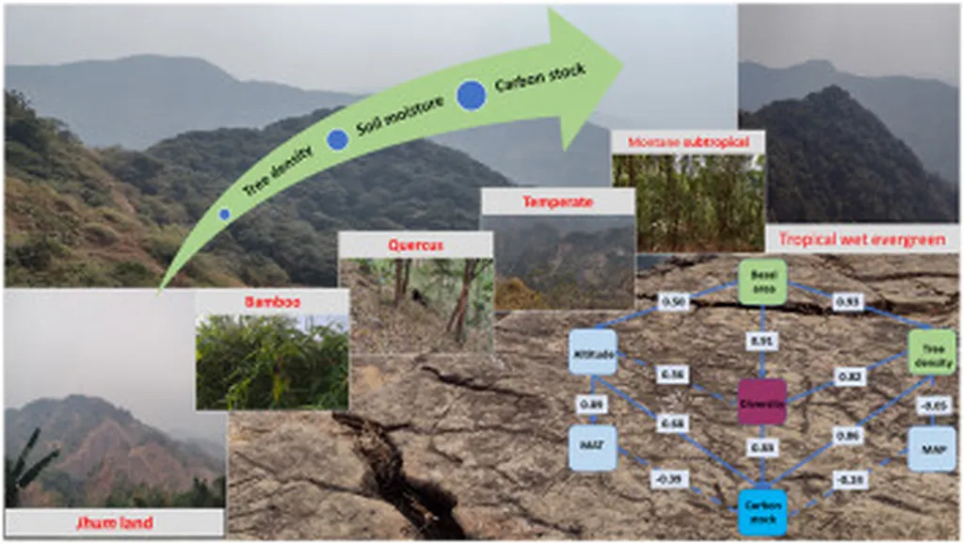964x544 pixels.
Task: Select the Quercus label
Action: pyautogui.click(x=415, y=246)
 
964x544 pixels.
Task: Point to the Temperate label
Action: pyautogui.click(x=557, y=201)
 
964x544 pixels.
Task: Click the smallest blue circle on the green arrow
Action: pyautogui.click(x=224, y=215)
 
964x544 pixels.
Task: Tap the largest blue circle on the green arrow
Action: pyautogui.click(x=472, y=95)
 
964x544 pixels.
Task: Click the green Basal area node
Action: pyautogui.click(x=763, y=281)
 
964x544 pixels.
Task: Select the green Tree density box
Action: pyautogui.click(x=932, y=351)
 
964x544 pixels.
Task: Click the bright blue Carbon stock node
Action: pyautogui.click(x=763, y=512)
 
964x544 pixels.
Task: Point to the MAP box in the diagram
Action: pyautogui.click(x=932, y=449)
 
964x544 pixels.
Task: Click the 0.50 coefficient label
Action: pyautogui.click(x=672, y=302)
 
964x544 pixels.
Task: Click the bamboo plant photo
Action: pyautogui.click(x=272, y=362)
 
